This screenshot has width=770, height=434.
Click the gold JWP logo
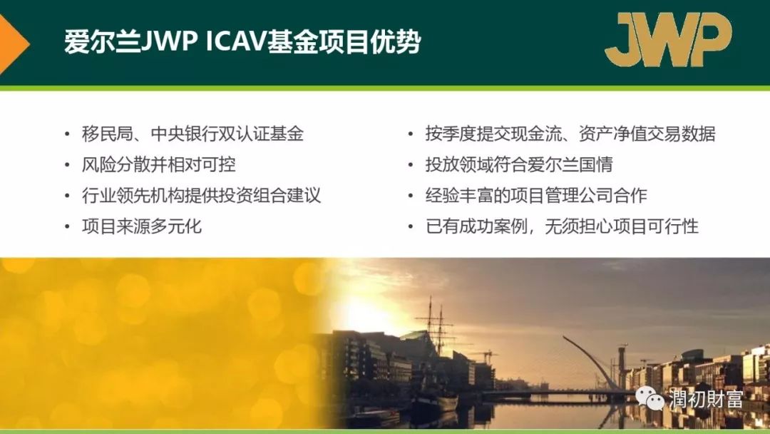coord(668,39)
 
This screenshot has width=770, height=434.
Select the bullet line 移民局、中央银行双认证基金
coord(192,133)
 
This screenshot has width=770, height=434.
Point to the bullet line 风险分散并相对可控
coord(158,165)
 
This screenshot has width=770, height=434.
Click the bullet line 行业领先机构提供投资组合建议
coord(201,196)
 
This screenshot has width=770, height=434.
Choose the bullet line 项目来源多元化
coord(141,226)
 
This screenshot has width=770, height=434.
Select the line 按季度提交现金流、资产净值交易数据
coord(570,133)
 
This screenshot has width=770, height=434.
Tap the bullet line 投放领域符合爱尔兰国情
coord(519,165)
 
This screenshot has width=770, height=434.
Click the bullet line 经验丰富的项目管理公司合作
coord(536,196)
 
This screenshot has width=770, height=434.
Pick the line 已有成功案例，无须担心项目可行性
coord(562,226)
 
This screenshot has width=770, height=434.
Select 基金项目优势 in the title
coord(344,42)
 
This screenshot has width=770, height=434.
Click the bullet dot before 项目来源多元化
coord(67,227)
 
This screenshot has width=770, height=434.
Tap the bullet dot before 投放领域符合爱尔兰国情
coord(411,165)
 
